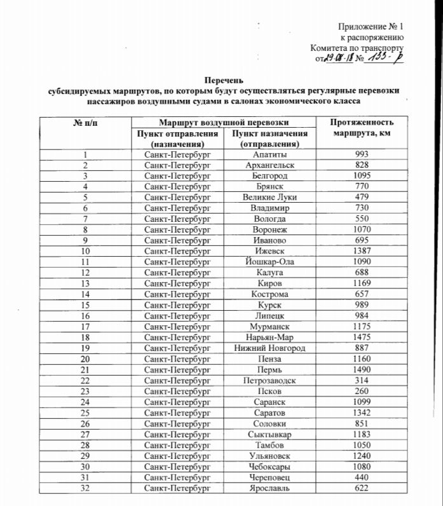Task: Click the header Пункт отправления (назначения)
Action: click(177, 139)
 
